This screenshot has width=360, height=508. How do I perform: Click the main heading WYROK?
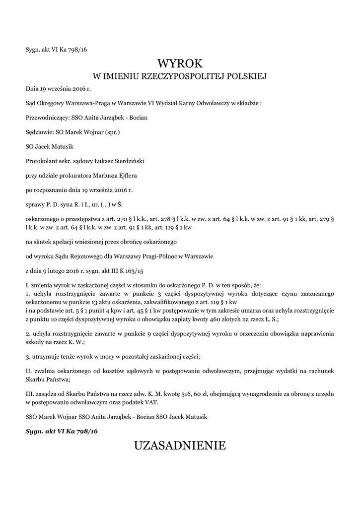point(180,63)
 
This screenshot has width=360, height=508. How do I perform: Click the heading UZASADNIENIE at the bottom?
point(180,445)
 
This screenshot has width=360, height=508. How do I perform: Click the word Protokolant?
point(41,161)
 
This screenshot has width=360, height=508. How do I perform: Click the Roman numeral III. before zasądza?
point(30,394)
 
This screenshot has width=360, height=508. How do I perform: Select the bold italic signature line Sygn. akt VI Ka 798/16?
point(62,431)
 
